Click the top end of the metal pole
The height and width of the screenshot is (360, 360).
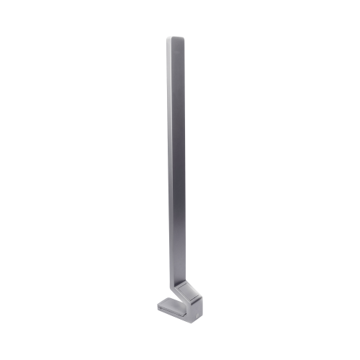point(175,39)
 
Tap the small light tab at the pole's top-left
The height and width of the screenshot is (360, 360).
point(168,43)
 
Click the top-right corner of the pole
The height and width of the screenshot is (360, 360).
point(184,37)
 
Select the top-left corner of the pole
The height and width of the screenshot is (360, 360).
point(166,38)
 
